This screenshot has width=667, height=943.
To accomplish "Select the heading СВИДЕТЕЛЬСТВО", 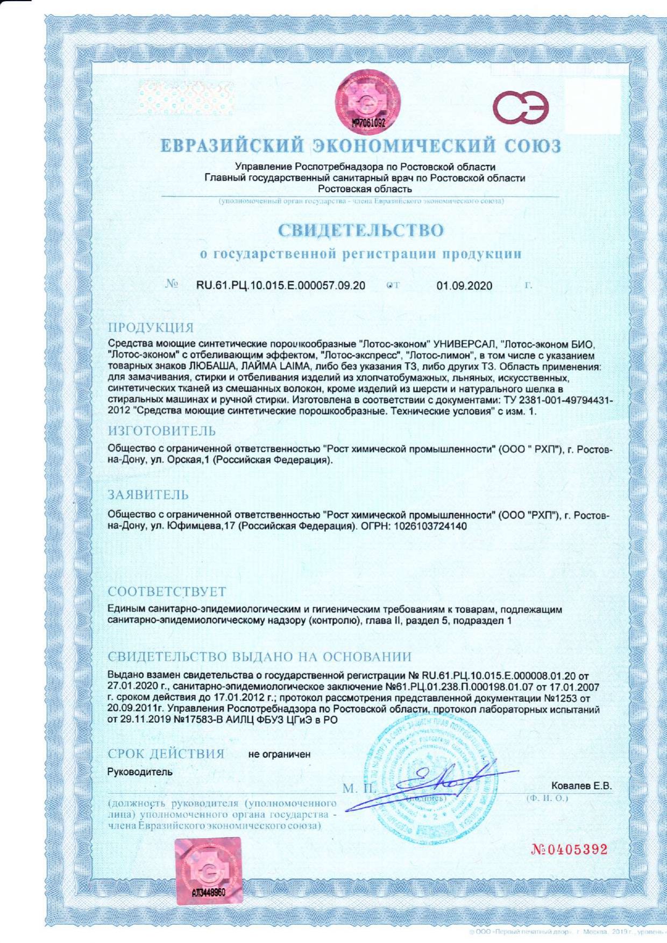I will point(361,231).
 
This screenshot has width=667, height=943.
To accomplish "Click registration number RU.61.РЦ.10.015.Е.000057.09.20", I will point(281,285).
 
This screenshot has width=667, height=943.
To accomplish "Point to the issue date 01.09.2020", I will point(464,285).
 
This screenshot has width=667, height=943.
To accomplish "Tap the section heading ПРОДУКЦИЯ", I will point(151,328).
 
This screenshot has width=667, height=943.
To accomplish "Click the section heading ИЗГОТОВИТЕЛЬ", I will point(162,431).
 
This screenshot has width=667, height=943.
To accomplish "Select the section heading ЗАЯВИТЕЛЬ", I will point(148,494).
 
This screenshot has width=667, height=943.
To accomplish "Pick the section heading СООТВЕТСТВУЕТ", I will point(167,592).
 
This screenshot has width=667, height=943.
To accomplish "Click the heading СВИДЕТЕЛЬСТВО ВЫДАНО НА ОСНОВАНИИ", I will point(259,657).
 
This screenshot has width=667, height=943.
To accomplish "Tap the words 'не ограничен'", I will point(279,754).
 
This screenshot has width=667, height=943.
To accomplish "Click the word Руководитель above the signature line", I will point(140,772).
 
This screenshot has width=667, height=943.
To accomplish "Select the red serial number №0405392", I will point(569,850).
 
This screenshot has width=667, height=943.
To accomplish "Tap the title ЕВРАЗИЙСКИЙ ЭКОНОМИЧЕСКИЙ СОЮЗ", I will point(360,146).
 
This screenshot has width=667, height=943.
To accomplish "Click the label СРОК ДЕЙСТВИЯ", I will point(166,754).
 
